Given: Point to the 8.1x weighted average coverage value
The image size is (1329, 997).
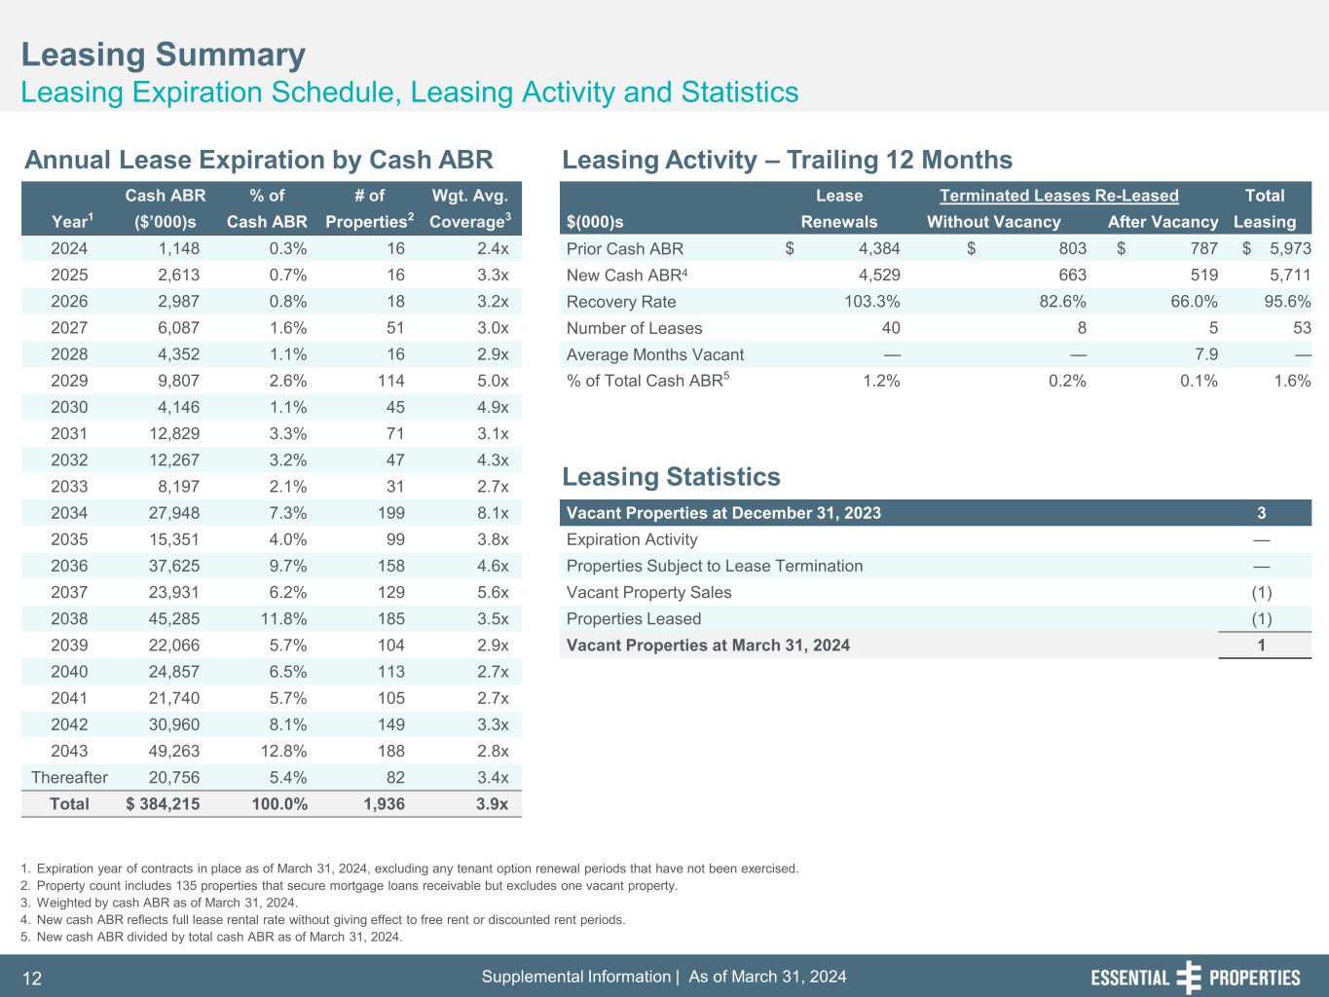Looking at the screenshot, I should coord(489,513).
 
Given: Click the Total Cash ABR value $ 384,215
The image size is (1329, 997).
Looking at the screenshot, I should coord(164,803).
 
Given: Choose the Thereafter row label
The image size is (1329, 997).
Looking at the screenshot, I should coord(69,777).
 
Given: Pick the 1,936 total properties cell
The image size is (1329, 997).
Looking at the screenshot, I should coord(383,803).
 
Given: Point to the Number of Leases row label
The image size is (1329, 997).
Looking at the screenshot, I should coord(634,328).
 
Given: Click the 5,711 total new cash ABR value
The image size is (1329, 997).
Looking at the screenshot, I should coord(1290,275).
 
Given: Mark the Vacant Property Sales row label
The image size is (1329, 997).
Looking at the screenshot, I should coord(648,592).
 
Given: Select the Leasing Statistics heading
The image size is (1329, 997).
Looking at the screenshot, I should coord(671,477).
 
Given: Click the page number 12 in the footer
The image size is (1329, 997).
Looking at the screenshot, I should coord(31,979).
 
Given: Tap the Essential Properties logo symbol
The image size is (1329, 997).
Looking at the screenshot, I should coord(1189,978).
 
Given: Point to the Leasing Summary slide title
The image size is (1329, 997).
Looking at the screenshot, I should coord(164,55).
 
